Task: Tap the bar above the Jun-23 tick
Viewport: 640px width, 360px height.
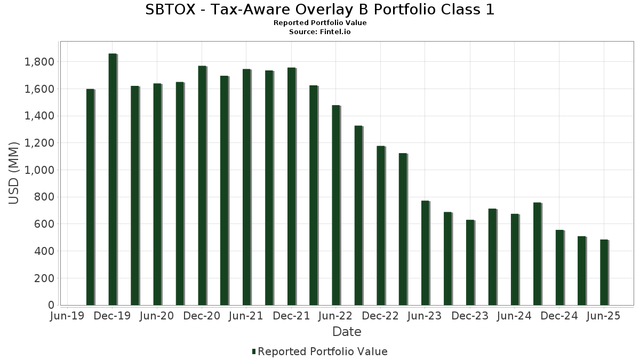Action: point(425,253)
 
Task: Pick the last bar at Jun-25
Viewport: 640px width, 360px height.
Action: point(604,273)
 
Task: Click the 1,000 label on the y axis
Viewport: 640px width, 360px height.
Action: point(39,170)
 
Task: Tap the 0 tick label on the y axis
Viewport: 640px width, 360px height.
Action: point(51,305)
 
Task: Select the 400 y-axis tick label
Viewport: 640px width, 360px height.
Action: point(43,251)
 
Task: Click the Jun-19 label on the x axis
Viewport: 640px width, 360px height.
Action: point(67,316)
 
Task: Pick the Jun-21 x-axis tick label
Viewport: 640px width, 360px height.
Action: point(246,316)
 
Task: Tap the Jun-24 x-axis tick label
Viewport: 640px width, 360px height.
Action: point(514,316)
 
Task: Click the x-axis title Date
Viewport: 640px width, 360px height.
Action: point(347,332)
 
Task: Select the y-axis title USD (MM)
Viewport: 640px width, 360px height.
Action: point(14,172)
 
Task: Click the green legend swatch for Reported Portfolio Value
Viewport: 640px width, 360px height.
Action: point(254,351)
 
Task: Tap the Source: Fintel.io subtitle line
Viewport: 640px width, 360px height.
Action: point(320,32)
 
